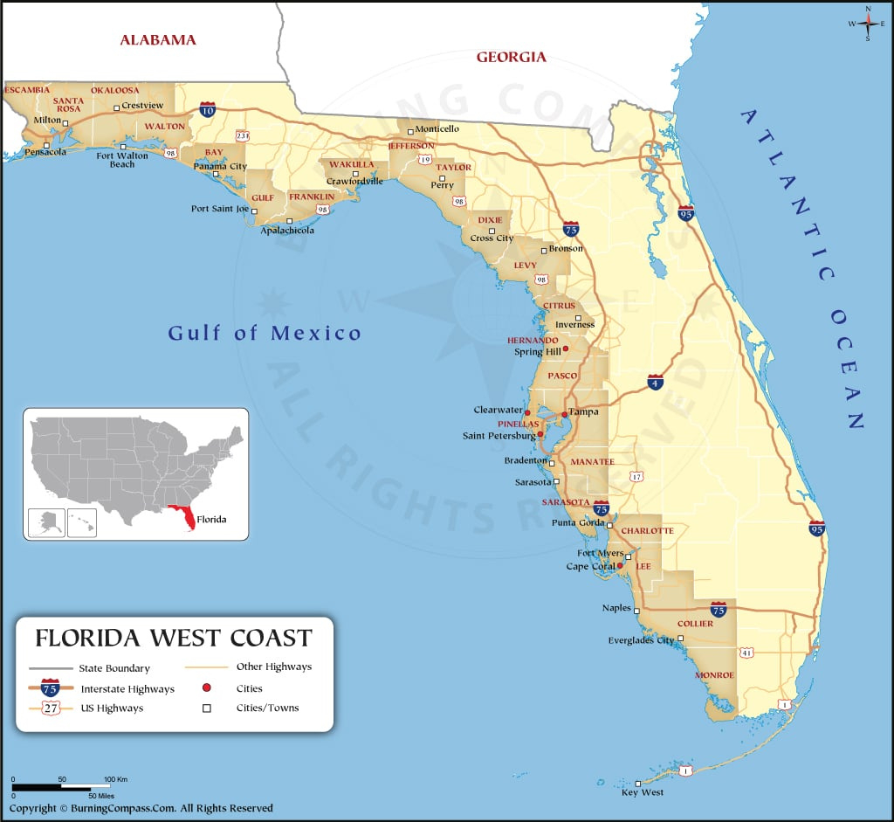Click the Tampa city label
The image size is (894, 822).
(584, 411)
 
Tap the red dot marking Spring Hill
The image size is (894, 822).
(565, 349)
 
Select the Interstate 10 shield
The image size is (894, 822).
(207, 109)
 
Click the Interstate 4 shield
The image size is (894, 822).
(655, 381)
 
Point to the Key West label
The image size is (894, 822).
(642, 792)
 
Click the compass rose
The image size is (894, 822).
(868, 24)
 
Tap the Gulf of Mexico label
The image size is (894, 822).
(265, 333)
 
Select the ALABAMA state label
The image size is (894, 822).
(158, 39)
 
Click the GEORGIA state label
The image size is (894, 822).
(511, 58)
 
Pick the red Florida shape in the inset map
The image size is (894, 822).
(182, 517)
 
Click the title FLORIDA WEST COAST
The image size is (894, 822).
(173, 637)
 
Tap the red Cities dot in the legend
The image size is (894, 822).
(207, 688)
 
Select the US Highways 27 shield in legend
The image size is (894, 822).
(51, 708)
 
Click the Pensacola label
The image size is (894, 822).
(45, 152)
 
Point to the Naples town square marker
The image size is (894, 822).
(636, 611)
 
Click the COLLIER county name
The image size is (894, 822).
(695, 624)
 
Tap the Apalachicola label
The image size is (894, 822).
(287, 231)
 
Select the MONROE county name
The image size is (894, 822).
(714, 675)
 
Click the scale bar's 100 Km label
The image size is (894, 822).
(115, 778)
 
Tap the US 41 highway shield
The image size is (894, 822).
(746, 652)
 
